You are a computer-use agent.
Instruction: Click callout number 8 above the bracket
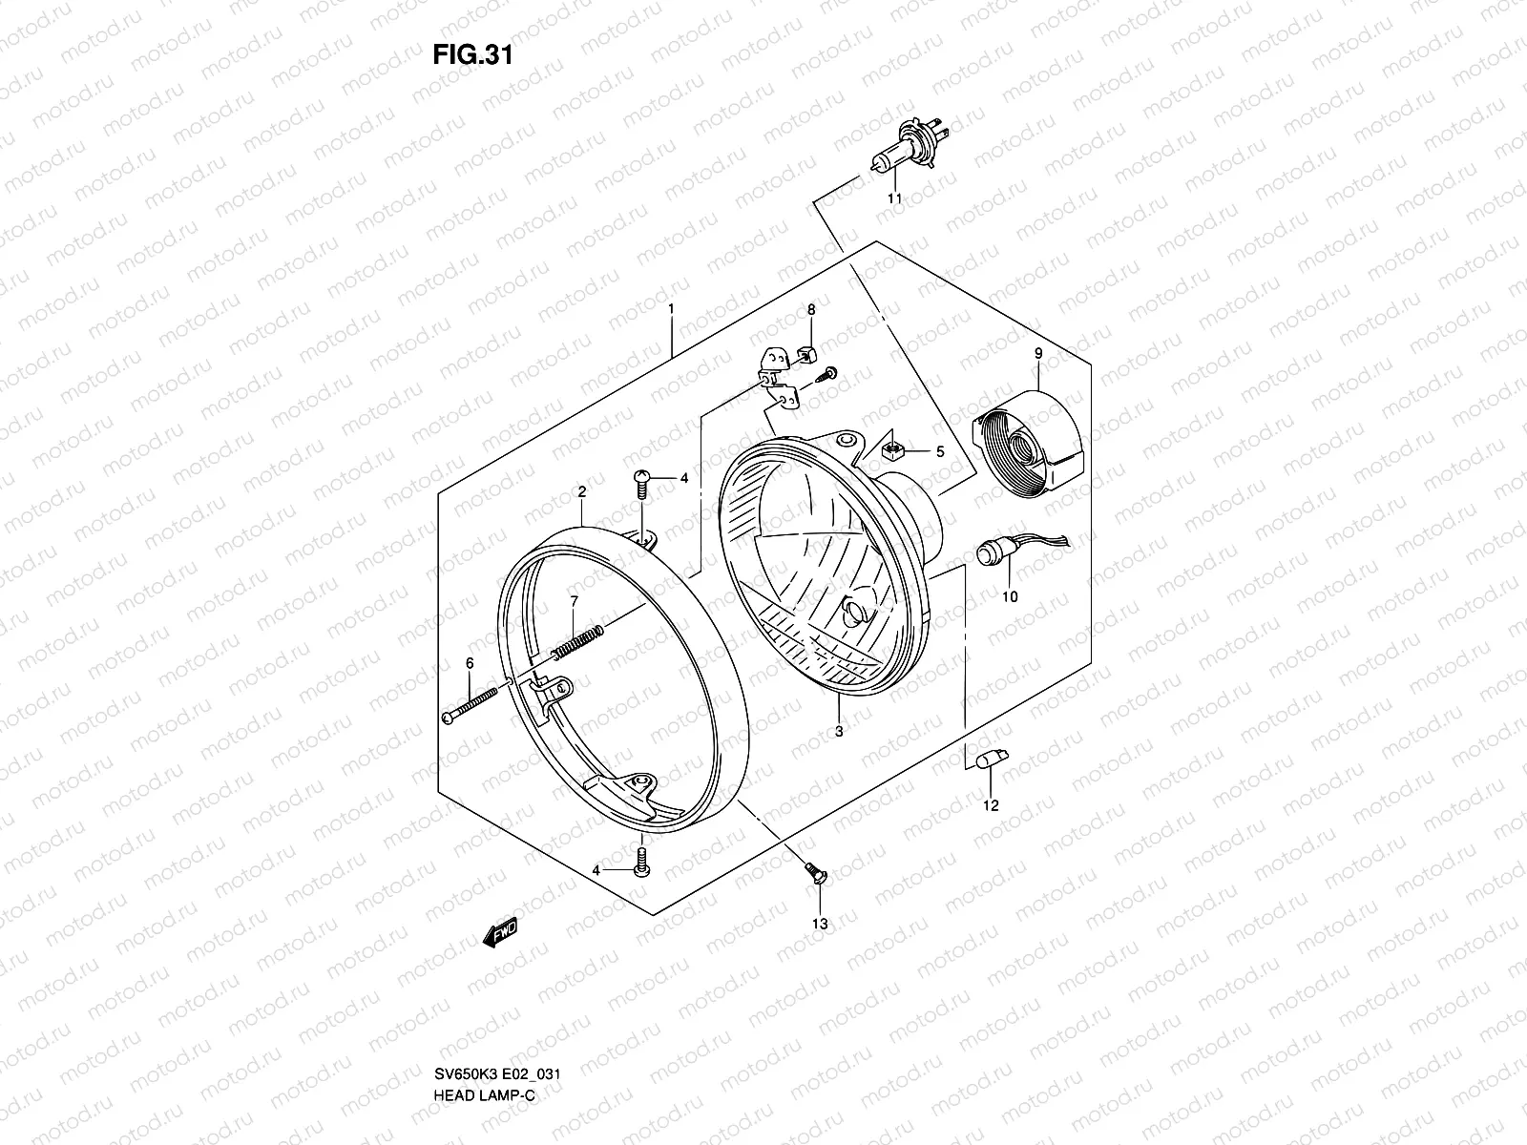tap(811, 310)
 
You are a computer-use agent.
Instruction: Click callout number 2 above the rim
tap(581, 492)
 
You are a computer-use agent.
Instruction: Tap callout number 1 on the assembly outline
tap(672, 310)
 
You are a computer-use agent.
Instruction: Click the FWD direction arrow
tap(501, 933)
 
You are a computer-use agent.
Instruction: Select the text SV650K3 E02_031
tap(494, 1073)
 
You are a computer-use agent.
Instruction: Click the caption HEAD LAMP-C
tap(479, 1095)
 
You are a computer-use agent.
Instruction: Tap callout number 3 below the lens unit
tap(838, 732)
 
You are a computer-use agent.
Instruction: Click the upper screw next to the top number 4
tap(642, 483)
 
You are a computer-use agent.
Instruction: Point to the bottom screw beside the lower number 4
tap(641, 863)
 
